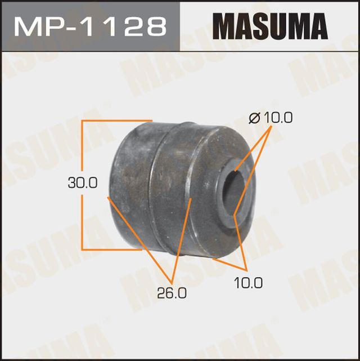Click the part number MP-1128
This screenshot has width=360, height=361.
pos(89,26)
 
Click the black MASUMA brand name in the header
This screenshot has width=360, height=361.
pos(270,26)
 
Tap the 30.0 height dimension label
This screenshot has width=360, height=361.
pos(83,183)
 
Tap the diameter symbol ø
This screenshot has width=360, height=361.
pos(253,118)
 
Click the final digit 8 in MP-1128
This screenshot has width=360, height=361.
pos(156,26)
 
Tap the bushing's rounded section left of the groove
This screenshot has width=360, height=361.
pos(132,186)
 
